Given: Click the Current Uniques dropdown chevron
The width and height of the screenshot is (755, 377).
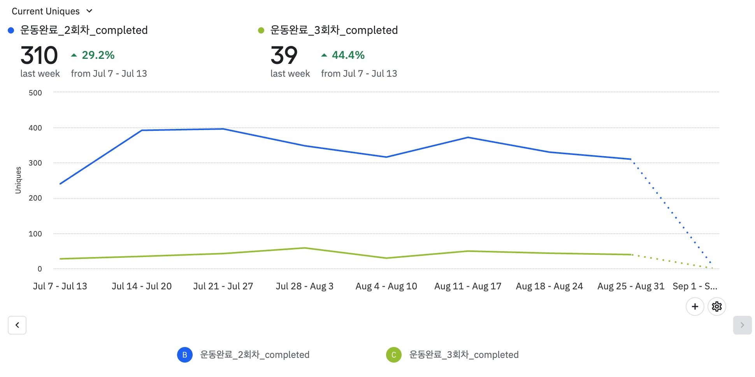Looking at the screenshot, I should (x=89, y=11).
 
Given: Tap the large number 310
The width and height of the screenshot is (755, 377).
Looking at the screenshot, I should (x=39, y=55).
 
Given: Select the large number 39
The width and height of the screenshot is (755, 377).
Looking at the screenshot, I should (x=284, y=55).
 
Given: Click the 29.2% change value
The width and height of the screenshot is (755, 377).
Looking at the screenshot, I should (x=98, y=55).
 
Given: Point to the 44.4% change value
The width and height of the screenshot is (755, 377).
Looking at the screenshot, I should (x=348, y=55).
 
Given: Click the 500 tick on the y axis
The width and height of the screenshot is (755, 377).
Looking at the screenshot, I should (x=35, y=93).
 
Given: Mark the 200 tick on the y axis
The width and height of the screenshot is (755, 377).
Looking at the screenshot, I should (x=35, y=198).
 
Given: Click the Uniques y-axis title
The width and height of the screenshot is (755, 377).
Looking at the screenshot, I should (x=18, y=180).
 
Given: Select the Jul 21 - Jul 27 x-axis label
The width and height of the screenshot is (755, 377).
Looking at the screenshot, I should (x=223, y=286).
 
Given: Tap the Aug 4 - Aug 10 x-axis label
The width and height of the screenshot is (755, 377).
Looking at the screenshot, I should (x=386, y=286).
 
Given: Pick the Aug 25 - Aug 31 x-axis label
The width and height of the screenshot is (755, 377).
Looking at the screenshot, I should (x=630, y=286).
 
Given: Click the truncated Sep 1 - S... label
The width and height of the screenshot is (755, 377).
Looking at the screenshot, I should (x=695, y=286).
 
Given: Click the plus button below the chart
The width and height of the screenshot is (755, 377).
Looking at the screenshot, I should (x=695, y=307).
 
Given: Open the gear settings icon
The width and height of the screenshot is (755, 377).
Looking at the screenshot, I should (x=716, y=307).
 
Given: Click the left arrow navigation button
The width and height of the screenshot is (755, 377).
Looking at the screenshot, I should (x=17, y=325).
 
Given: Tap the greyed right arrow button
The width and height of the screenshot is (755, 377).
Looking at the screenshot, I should (x=742, y=325).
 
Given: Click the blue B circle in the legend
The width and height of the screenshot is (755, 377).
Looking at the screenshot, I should (x=185, y=355).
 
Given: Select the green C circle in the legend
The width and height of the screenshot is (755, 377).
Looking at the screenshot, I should (x=393, y=355).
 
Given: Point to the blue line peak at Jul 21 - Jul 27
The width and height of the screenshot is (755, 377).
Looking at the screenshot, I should (x=223, y=129).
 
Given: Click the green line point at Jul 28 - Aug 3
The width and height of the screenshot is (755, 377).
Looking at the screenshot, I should (x=305, y=248).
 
